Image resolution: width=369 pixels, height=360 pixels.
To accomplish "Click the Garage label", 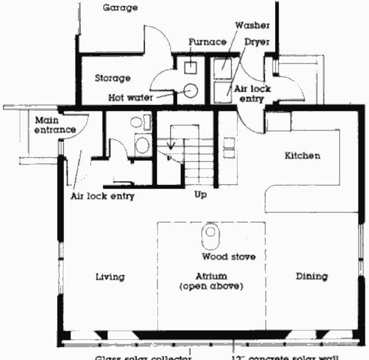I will (x=121, y=8).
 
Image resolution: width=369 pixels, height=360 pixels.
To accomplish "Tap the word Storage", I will (x=112, y=78).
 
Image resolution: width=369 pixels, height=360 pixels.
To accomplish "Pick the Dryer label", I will (x=257, y=42).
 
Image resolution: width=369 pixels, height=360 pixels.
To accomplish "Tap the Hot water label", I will (x=130, y=97).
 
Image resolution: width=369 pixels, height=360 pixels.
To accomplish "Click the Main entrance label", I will (x=55, y=125).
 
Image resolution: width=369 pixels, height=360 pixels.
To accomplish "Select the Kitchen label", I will (x=302, y=156).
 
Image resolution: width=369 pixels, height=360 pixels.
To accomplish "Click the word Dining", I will (x=311, y=276).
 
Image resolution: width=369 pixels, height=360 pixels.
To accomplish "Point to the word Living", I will (x=110, y=277).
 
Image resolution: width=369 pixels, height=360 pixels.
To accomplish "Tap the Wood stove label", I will (x=228, y=256).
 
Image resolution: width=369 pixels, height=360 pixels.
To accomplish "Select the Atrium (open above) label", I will (x=211, y=281).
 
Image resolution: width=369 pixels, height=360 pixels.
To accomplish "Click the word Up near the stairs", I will (x=200, y=195).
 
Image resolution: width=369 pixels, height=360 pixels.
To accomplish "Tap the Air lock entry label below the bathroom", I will (x=102, y=196).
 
